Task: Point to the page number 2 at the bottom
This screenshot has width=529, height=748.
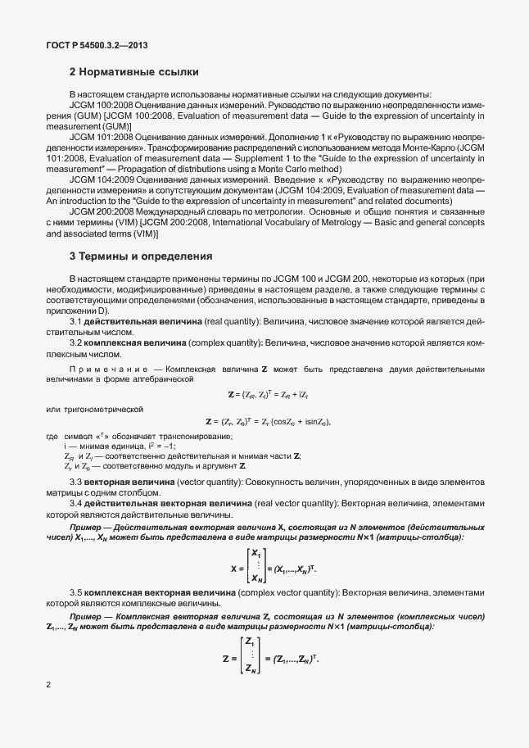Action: (47, 683)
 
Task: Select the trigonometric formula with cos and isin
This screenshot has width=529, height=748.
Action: (269, 421)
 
